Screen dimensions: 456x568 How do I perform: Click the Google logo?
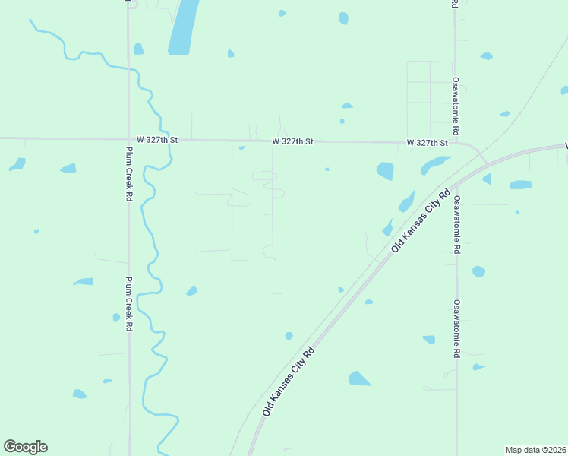pos(25,447)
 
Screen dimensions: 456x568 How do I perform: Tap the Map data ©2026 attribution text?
pos(535,450)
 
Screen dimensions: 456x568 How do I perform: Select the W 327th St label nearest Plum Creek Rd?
pos(156,140)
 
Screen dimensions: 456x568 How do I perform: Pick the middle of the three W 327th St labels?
pos(292,141)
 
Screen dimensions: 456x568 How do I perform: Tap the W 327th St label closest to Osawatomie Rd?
pos(428,143)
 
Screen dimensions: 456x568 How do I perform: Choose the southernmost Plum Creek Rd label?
pos(129,303)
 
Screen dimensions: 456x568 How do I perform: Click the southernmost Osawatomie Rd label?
pos(457,329)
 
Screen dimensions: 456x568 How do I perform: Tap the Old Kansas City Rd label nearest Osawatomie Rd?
pos(421,220)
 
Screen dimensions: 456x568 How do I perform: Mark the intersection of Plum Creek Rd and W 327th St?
pos(128,139)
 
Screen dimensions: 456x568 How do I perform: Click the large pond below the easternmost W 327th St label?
pos(385,171)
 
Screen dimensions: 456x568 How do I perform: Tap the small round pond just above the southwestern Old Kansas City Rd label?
pos(289,336)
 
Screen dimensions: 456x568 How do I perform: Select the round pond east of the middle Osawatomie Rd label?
pos(478,271)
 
